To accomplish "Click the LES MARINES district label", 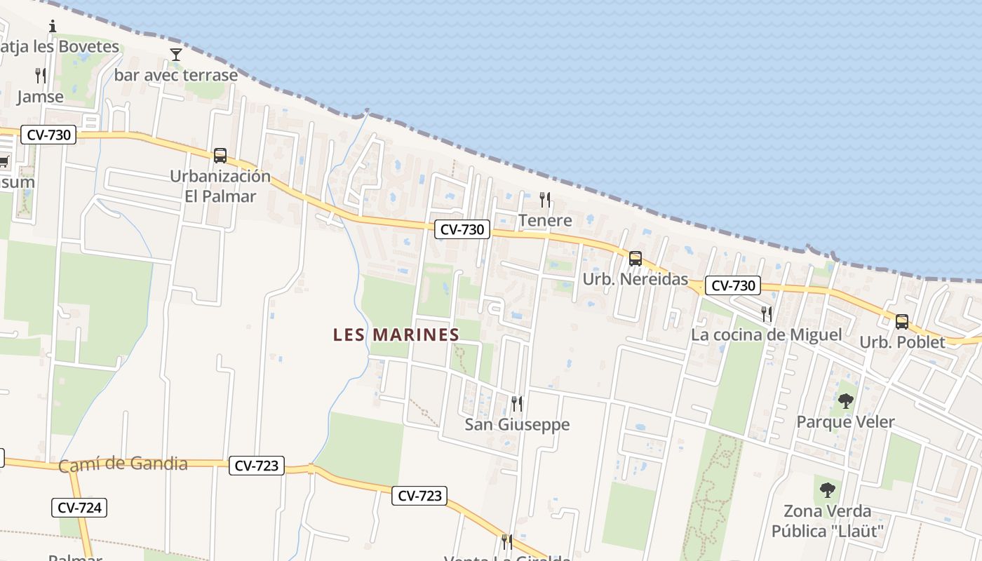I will click(396, 334).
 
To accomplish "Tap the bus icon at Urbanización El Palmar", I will click(220, 155).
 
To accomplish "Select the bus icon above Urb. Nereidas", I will click(635, 258).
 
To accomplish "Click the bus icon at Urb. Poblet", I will click(902, 322).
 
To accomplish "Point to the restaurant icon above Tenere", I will click(545, 200).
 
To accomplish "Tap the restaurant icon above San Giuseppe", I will click(517, 403).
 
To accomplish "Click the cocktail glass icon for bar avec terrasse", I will click(176, 54).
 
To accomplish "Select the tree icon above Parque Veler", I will click(846, 401).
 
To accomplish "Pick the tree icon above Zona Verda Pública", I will click(828, 489).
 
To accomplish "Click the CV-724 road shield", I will click(79, 508).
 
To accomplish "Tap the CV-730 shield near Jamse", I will click(48, 135).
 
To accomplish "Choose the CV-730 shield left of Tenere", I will click(462, 229).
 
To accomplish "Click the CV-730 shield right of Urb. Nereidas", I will click(733, 285).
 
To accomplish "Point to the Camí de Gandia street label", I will click(123, 464).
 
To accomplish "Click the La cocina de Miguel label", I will click(766, 334).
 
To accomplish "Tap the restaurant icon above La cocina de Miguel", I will click(767, 313).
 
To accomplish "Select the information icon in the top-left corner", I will click(53, 27).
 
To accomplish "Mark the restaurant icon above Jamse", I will click(41, 76).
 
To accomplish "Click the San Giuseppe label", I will click(518, 424).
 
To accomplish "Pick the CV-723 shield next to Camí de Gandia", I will click(257, 465).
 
